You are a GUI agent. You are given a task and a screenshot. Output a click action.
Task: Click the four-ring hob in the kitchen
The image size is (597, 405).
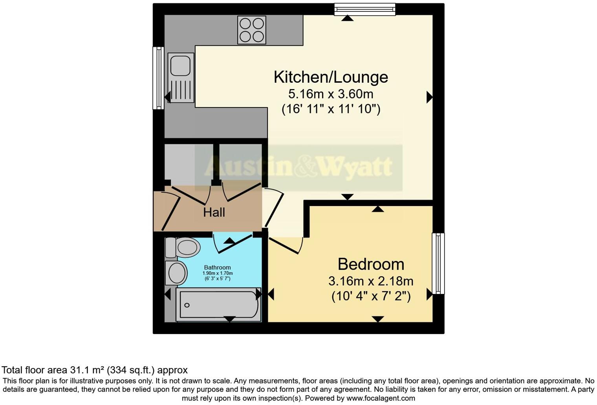coord(252,30)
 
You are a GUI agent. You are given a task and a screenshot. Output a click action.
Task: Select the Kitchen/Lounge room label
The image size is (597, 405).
coord(331,77)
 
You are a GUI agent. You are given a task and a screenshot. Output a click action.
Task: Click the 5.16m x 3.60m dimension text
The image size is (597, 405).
coord(331,94)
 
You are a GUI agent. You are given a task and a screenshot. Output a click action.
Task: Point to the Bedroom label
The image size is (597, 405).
coord(371,264)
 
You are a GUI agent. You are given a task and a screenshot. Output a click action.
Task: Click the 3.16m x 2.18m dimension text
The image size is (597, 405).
coord(371,281)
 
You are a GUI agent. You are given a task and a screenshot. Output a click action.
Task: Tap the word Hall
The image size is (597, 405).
coord(214,212)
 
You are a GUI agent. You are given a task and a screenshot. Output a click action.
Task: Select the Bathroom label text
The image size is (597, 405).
coord(217,267)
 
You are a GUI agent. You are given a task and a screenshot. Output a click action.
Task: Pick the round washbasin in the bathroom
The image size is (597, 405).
coord(176,273)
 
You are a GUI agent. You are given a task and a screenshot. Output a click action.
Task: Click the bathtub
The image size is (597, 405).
coord(218,305)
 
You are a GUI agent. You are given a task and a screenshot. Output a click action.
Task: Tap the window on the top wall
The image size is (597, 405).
coord(364,9)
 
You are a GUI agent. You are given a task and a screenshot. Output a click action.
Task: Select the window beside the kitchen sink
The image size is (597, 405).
coord(158,78)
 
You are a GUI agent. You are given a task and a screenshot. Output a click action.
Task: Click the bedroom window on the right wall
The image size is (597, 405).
coord(438,263)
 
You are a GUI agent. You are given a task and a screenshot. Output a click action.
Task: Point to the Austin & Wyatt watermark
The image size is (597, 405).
coord(298,167)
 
